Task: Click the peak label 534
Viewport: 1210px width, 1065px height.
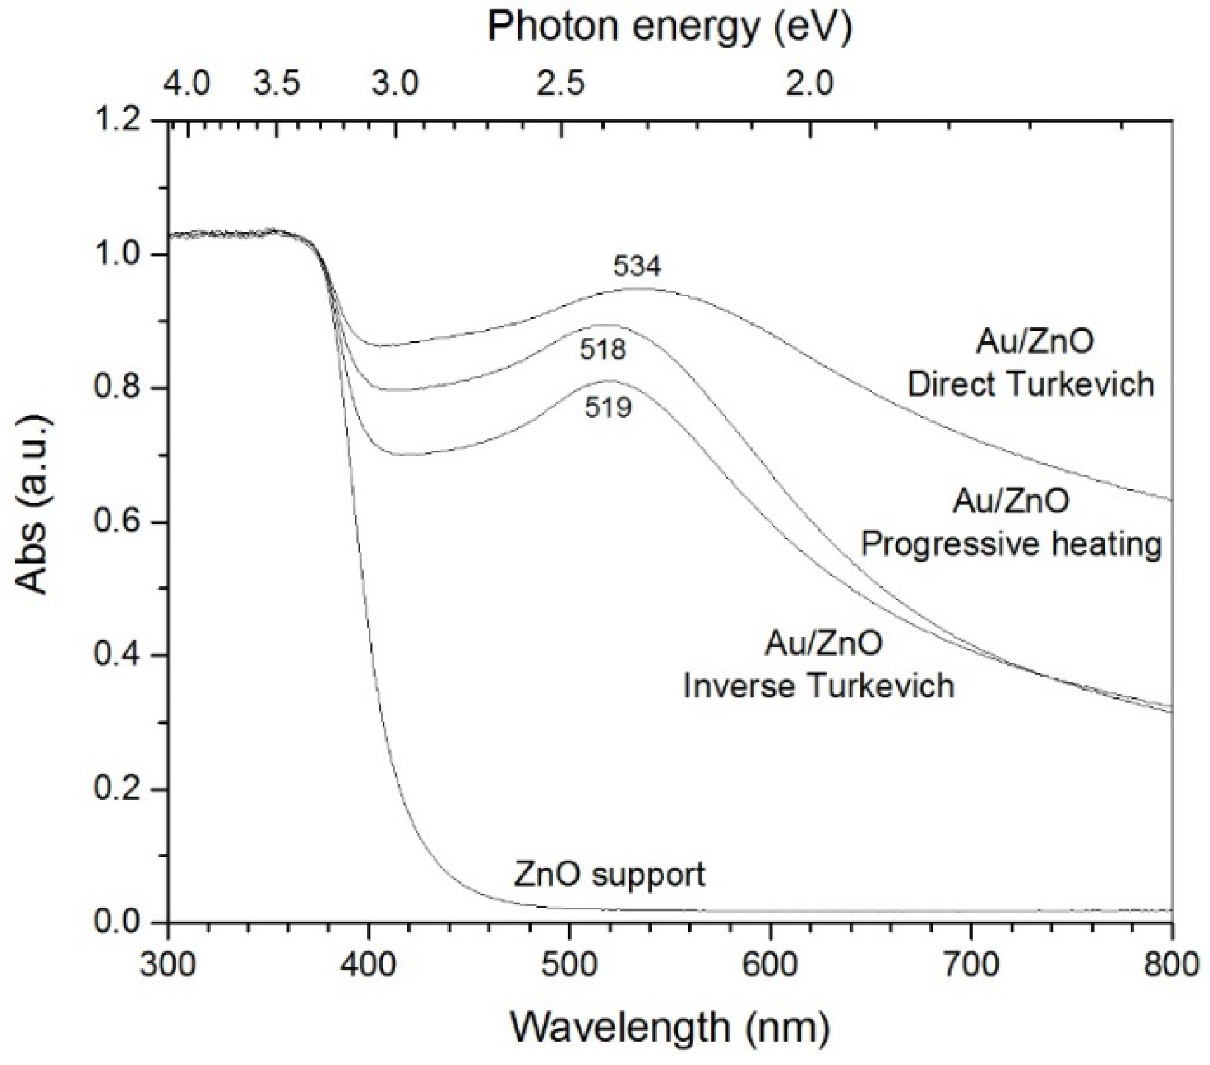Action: point(637,267)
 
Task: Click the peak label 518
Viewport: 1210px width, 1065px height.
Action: point(602,350)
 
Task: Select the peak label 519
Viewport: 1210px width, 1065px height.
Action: point(608,408)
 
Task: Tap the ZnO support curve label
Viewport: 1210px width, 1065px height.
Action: point(609,874)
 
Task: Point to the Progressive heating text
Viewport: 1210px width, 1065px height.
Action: point(1011,544)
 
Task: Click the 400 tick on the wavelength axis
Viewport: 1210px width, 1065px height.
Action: point(368,964)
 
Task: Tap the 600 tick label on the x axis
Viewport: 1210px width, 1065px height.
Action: point(770,964)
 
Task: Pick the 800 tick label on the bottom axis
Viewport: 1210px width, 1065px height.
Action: point(1171,964)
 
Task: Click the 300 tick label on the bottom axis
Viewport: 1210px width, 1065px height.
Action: point(168,964)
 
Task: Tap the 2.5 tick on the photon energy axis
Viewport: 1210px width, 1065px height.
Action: point(561,84)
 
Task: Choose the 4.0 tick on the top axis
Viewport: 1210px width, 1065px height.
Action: point(186,84)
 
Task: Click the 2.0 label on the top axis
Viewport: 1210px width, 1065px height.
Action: point(810,84)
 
